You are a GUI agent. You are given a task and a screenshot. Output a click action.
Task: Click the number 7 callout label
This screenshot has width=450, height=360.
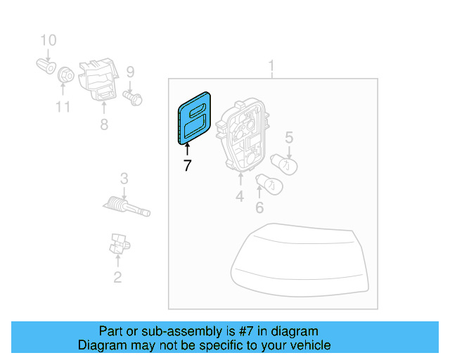187,166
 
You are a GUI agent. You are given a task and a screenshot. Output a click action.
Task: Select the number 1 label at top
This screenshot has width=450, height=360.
272,67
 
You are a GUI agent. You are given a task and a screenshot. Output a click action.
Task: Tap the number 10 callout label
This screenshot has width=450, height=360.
48,40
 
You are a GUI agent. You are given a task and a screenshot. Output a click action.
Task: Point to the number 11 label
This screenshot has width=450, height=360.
63,107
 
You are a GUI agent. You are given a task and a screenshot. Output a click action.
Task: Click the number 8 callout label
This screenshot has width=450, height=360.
104,125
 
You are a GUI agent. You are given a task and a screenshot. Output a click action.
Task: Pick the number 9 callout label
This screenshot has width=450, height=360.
130,71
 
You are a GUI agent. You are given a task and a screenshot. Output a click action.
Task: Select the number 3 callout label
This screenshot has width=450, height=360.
124,179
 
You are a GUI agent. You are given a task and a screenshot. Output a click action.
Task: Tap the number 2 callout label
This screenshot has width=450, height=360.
117,277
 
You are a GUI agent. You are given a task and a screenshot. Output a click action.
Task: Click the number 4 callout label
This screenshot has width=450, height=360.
240,197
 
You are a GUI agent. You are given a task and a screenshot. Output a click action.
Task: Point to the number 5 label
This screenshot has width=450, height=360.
289,138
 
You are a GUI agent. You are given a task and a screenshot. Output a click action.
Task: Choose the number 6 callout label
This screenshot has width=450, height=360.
259,207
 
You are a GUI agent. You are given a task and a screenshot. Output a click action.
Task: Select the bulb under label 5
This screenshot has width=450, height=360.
288,165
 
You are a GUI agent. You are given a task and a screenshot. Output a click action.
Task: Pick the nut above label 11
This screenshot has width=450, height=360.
64,73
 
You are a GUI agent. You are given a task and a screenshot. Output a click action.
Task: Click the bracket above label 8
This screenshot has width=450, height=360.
98,80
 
